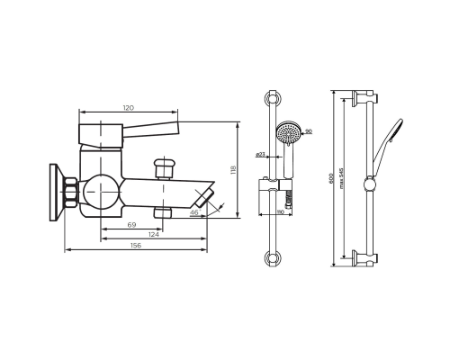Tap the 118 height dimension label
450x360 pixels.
click(233, 169)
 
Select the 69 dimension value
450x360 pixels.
click(131, 224)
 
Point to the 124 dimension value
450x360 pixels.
click(154, 235)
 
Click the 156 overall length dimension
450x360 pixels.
click(136, 246)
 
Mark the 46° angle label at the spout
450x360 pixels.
click(193, 213)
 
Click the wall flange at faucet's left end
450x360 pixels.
click(54, 191)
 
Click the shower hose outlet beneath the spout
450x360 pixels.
click(163, 212)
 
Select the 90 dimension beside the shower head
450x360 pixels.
click(308, 132)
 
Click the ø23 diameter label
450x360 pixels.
click(260, 155)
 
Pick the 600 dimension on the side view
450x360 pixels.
click(331, 178)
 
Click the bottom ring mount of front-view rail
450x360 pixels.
click(273, 258)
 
